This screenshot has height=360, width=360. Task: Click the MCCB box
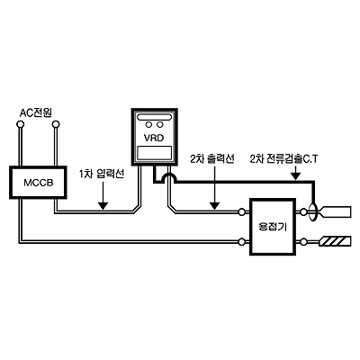pyautogui.click(x=38, y=182)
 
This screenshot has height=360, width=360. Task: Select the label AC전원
pyautogui.click(x=36, y=112)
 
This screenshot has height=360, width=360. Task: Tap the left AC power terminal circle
pyautogui.click(x=21, y=124)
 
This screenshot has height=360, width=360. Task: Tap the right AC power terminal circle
pyautogui.click(x=56, y=124)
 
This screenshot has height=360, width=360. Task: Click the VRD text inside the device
pyautogui.click(x=154, y=139)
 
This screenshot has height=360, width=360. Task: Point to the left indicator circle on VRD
pyautogui.click(x=148, y=124)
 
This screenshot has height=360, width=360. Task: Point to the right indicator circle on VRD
pyautogui.click(x=160, y=124)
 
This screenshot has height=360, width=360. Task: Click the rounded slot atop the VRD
pyautogui.click(x=154, y=116)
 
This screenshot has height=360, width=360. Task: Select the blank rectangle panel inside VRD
pyautogui.click(x=155, y=153)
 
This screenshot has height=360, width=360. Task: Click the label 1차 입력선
pyautogui.click(x=101, y=175)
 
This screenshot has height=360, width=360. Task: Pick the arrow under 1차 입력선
pyautogui.click(x=103, y=195)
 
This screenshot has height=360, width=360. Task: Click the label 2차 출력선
pyautogui.click(x=212, y=158)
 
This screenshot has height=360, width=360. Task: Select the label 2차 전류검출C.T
pyautogui.click(x=283, y=158)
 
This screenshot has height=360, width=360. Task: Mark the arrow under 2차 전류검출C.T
pyautogui.click(x=295, y=173)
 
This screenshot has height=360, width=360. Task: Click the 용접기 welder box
pyautogui.click(x=273, y=227)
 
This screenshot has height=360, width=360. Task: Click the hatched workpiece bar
pyautogui.click(x=336, y=241)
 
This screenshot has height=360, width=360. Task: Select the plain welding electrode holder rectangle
pyautogui.click(x=336, y=211)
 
